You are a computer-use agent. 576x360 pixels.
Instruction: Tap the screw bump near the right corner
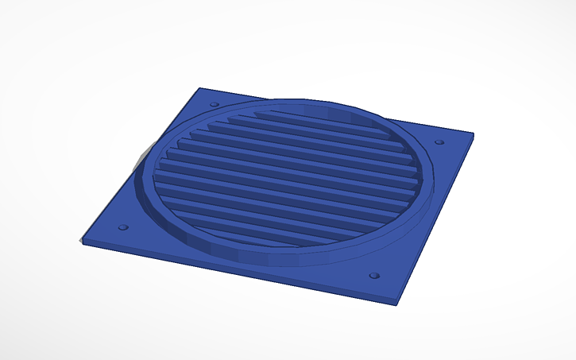[x=439, y=142]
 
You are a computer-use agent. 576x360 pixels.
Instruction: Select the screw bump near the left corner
[x=122, y=227]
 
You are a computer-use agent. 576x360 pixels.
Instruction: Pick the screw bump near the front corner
[x=374, y=276]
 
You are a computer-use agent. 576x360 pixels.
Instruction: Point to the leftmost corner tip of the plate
[x=82, y=239]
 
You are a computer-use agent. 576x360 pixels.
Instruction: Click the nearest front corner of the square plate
[x=395, y=302]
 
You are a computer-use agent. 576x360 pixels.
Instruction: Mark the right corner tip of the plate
[x=474, y=135]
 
